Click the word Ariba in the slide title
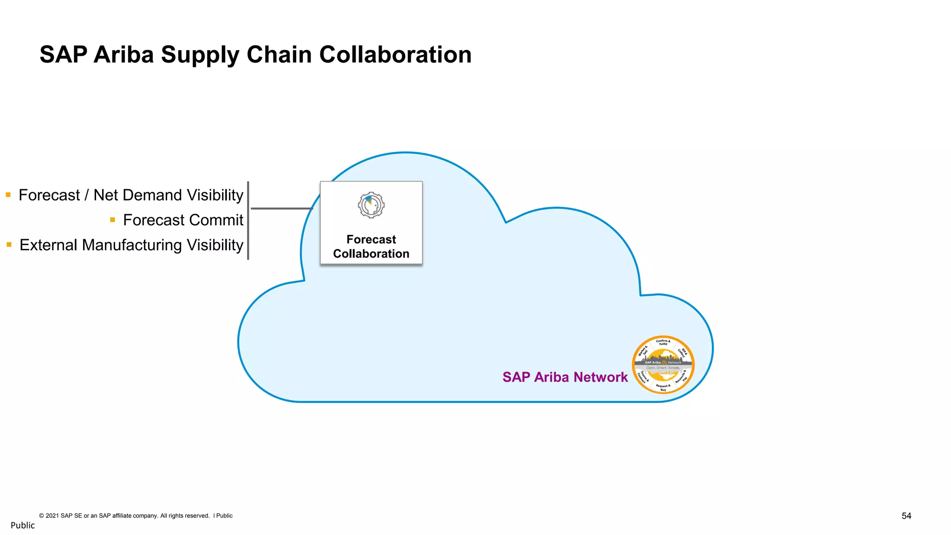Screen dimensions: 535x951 coord(124,55)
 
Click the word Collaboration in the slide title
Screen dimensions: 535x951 coord(395,55)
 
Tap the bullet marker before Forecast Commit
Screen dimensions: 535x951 coord(112,220)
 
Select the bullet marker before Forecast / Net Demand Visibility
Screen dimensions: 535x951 coord(8,195)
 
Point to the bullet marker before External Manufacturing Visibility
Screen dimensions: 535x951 coord(9,245)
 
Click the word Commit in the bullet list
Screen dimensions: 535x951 coord(216,220)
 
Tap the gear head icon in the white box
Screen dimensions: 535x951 coord(371,205)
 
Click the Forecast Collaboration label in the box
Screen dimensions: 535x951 coord(371,247)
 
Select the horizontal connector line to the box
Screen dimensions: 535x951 coord(281,209)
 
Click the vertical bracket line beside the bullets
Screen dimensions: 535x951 coord(248,221)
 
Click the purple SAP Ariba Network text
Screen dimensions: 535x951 coord(565,377)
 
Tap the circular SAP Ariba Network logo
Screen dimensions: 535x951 coord(663,365)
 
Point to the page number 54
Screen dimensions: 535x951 coord(906,516)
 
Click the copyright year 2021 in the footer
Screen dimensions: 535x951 coord(52,516)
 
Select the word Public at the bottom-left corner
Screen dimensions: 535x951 coord(23,526)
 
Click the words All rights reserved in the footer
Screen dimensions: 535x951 coord(185,516)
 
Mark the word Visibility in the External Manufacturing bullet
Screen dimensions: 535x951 coord(215,245)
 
